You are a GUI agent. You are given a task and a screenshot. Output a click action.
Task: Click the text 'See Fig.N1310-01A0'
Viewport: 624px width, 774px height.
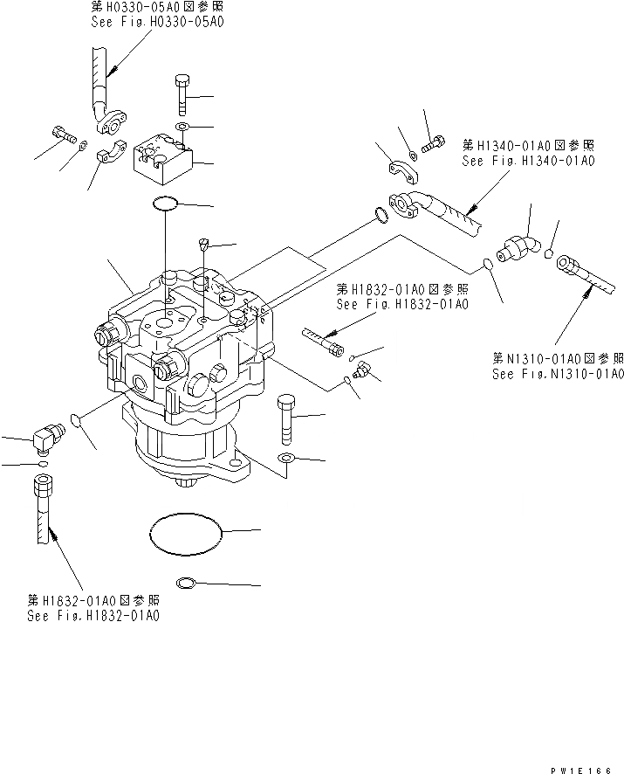(x=558, y=374)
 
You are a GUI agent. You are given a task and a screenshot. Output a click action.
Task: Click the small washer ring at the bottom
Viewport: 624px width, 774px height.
(x=185, y=584)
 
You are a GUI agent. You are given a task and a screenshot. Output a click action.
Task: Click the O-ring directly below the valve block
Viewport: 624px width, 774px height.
(x=165, y=204)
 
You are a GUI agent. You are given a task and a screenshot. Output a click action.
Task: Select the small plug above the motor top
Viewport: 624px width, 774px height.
(x=204, y=245)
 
